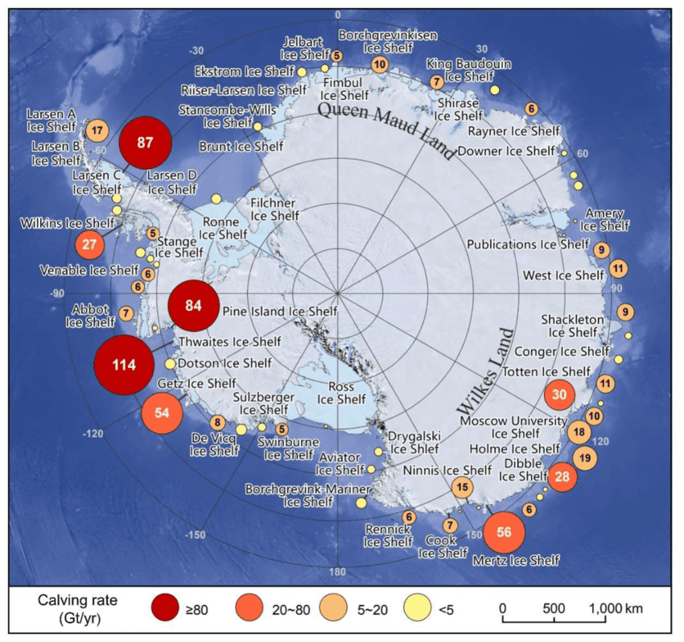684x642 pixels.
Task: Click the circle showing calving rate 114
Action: (124, 366)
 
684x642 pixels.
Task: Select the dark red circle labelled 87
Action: (146, 143)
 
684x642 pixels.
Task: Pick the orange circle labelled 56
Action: (504, 532)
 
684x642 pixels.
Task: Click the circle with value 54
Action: (163, 413)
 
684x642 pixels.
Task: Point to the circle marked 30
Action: (560, 396)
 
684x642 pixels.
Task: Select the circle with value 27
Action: (89, 244)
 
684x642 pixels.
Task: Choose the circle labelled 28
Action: (562, 477)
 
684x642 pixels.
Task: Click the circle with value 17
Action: (97, 130)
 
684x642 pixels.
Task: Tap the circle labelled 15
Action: (462, 487)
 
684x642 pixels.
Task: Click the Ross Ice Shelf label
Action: (341, 392)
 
